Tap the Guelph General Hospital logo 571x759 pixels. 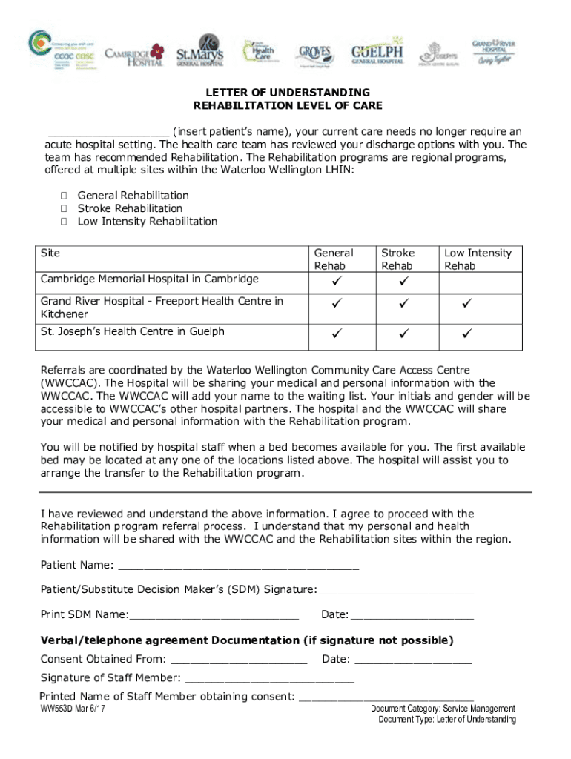click(x=377, y=52)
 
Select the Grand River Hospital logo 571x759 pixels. click(x=494, y=51)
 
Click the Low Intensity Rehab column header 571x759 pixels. click(x=478, y=259)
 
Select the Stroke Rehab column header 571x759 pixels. click(x=397, y=259)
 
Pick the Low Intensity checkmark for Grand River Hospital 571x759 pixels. click(x=467, y=303)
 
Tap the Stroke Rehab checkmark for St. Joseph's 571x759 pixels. click(x=403, y=334)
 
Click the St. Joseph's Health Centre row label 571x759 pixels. click(x=132, y=331)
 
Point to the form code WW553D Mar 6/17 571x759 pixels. click(x=73, y=709)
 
